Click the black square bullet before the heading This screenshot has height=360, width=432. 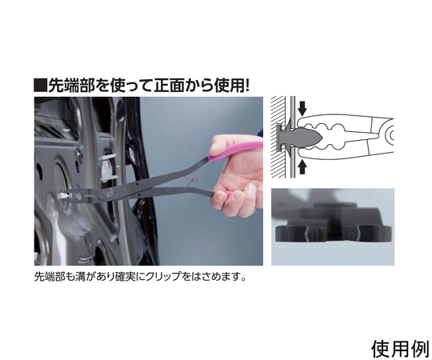click(x=40, y=85)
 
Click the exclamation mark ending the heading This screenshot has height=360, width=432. click(x=246, y=85)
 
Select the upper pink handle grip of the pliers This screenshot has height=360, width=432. click(x=234, y=151)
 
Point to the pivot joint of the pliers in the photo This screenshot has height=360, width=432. click(x=103, y=195)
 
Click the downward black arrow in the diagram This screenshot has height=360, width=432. click(x=302, y=108)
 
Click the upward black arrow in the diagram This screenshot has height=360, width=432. click(x=302, y=167)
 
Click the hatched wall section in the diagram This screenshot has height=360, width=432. click(x=278, y=137)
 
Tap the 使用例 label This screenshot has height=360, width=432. click(x=400, y=349)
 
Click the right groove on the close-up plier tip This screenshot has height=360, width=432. click(x=358, y=234)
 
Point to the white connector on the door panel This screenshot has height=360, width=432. click(x=107, y=168)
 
